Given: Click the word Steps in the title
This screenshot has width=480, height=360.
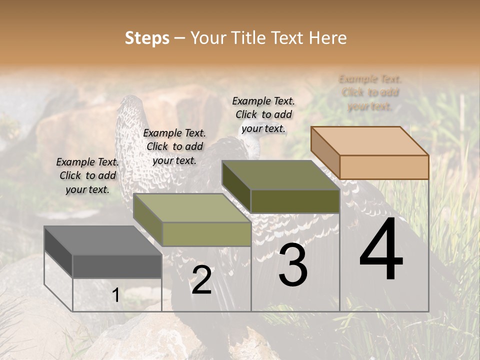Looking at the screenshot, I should coord(147,38).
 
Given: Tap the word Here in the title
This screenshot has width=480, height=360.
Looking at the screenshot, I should coord(328,38).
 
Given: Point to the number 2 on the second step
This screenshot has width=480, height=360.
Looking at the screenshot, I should coord(201,280).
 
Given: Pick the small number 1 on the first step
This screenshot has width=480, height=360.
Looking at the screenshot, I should coord(116,295).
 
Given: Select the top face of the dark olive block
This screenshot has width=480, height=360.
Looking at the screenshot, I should coord(280,175).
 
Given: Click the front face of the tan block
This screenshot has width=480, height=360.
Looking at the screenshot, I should coord(384,167).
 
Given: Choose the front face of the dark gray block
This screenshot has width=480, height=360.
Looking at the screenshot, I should coord(117,266).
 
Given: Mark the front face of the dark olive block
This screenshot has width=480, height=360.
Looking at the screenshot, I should coord(295,201).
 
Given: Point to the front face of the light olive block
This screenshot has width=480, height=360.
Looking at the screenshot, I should coord(206,234).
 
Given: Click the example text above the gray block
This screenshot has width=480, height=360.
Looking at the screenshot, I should coord(87,176).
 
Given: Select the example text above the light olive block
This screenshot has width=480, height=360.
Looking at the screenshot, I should coord(174,147).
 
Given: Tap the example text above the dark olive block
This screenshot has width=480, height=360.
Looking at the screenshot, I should coord(263,115).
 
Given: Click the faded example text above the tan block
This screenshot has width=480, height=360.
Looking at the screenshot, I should coord(370,92).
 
